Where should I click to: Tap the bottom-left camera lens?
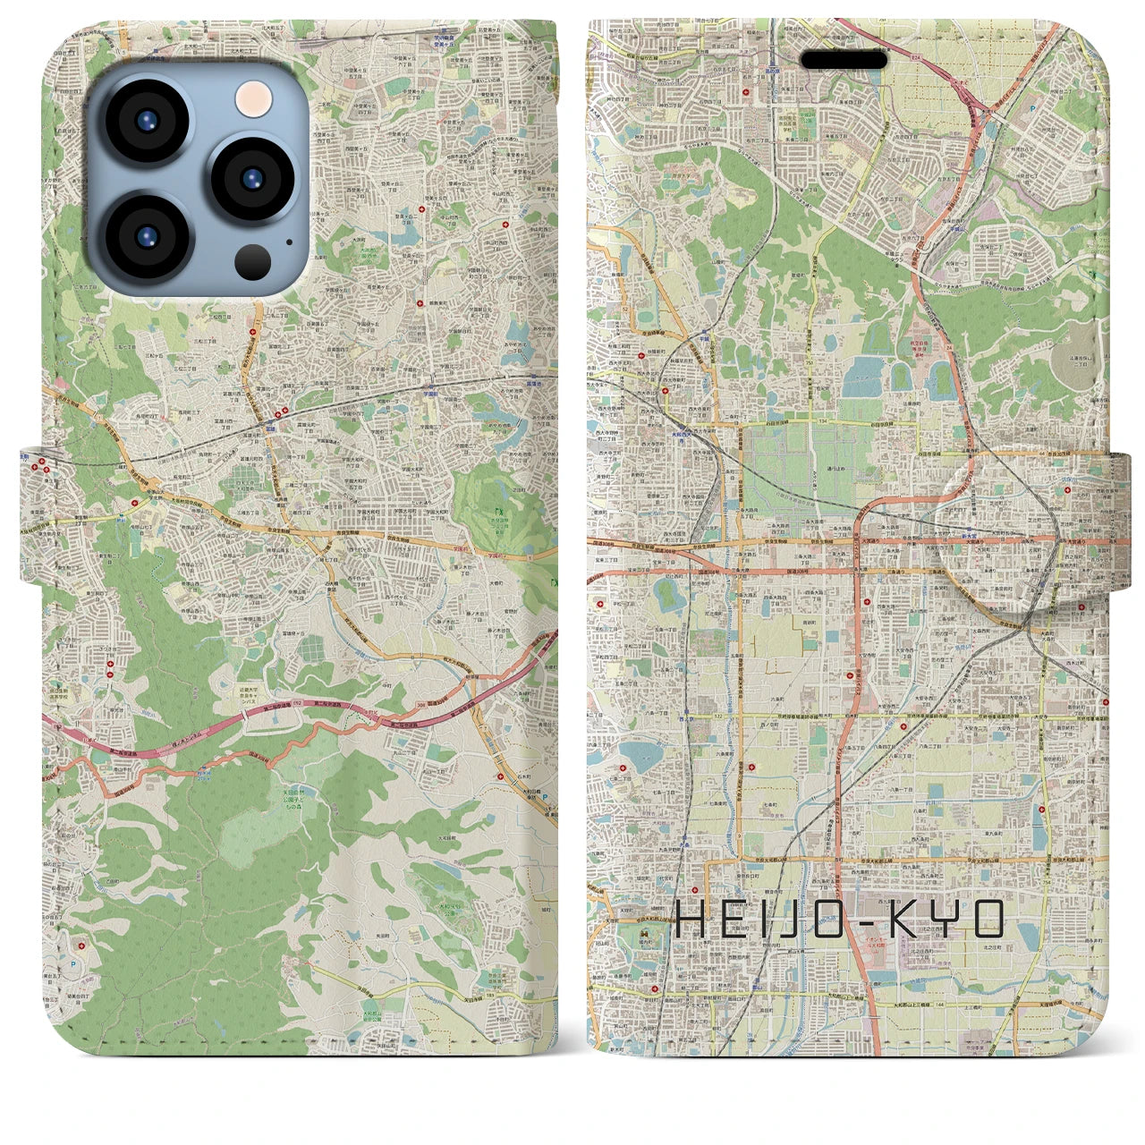coord(145,236)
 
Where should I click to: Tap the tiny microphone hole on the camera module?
coord(288,241)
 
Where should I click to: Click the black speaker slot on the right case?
coord(844,60)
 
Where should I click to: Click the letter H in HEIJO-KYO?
coord(693,919)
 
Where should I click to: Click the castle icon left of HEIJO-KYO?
coord(645,936)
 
